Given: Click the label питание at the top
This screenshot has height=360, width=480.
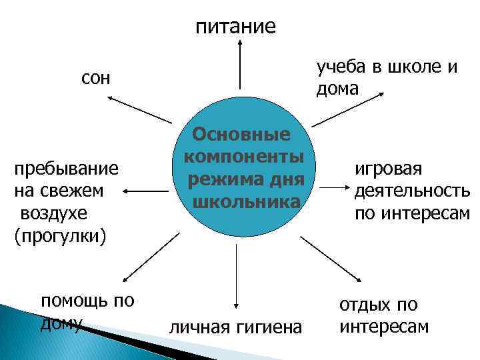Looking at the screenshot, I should click(x=235, y=27).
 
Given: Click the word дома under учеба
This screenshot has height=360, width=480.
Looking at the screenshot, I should click(x=337, y=89).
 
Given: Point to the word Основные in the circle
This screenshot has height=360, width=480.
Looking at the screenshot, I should click(x=241, y=135).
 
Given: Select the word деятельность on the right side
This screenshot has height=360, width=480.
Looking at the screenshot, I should click(x=412, y=191).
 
